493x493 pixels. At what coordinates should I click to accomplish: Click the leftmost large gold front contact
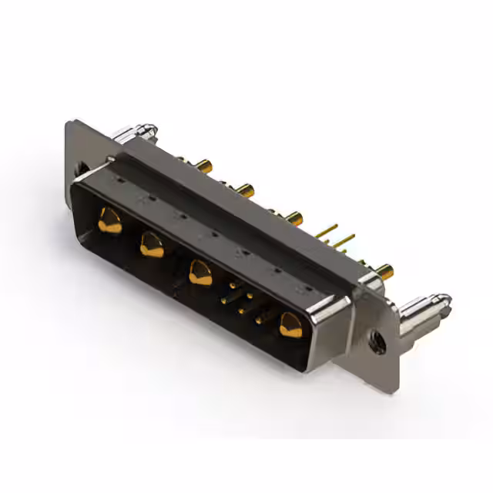click(109, 222)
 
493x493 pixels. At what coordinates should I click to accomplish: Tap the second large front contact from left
click(151, 246)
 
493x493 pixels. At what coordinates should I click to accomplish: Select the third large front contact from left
click(200, 272)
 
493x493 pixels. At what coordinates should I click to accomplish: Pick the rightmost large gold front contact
click(291, 325)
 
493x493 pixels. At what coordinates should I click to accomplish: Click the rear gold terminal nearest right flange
click(383, 270)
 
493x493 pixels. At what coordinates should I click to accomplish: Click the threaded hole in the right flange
click(377, 341)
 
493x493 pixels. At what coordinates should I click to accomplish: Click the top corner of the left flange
click(70, 122)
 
